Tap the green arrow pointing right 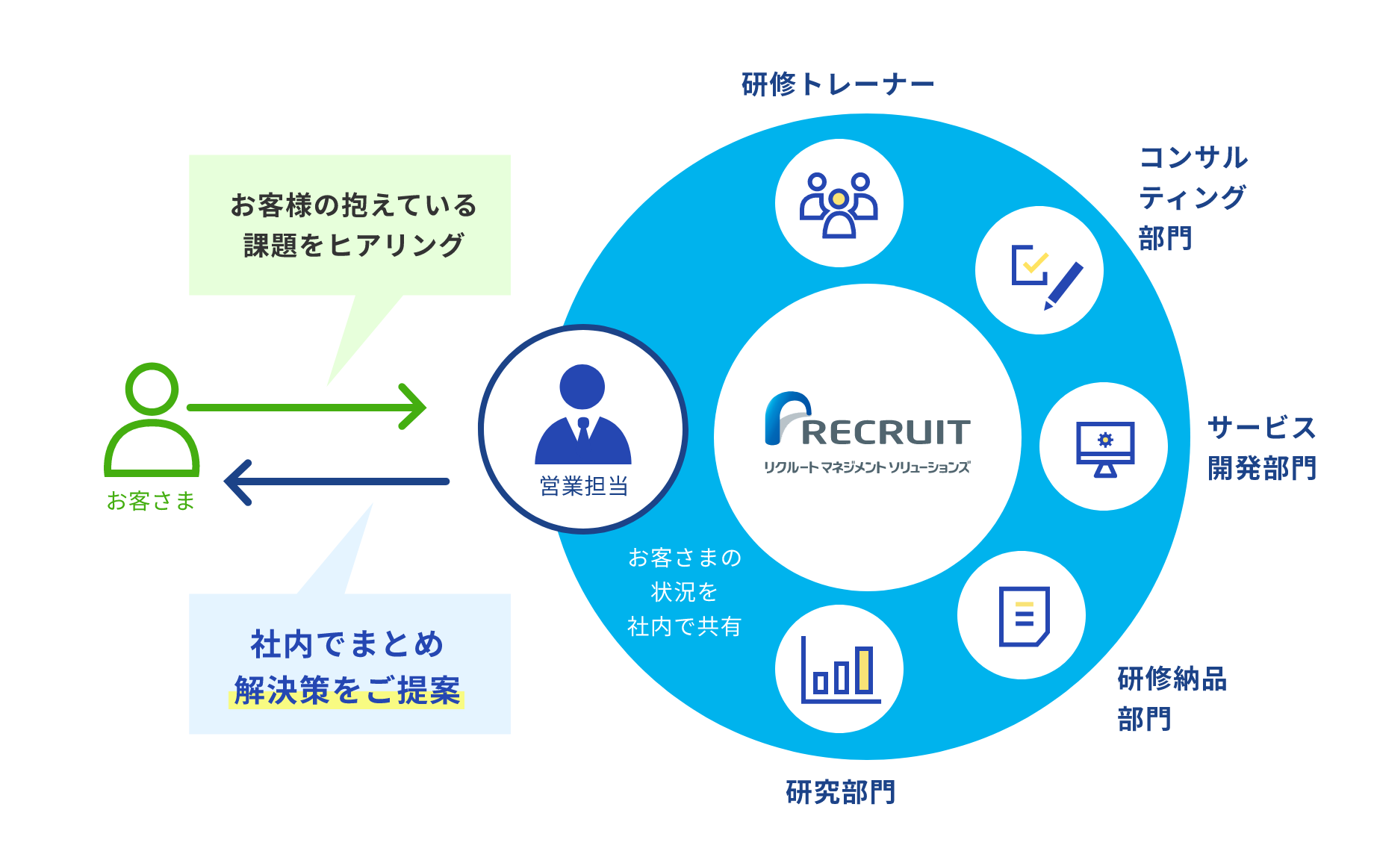[306, 407]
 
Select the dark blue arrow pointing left [336, 482]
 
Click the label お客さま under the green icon [151, 501]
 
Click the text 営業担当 [583, 487]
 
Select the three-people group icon [839, 204]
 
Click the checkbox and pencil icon [1042, 273]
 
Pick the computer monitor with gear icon [1104, 447]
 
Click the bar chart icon [840, 670]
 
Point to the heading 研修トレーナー [838, 84]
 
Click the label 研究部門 [841, 792]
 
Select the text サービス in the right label [1261, 428]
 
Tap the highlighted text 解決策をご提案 [346, 691]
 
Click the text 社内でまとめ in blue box [347, 644]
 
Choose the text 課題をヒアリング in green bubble [354, 245]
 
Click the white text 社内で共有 [684, 626]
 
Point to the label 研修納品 [1172, 679]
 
